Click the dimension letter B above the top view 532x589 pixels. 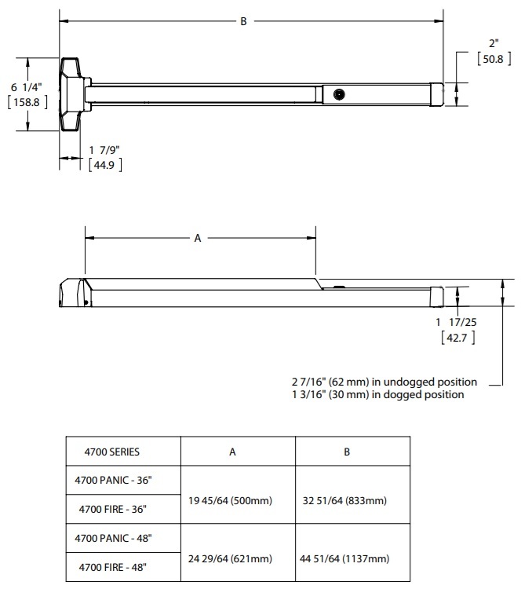pos(243,22)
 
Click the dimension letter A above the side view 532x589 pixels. pos(198,238)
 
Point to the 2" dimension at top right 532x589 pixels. pos(493,44)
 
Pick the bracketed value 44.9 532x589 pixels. pos(104,165)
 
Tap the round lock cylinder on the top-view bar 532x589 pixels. pos(338,93)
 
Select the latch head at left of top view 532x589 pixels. pos(71,93)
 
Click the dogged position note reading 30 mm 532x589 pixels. pos(377,394)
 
